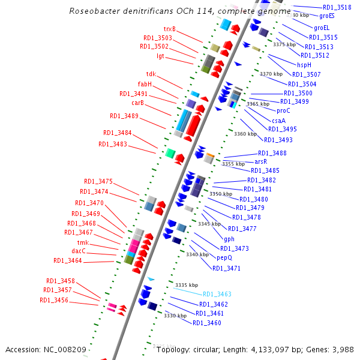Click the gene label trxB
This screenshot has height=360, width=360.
[x=170, y=29]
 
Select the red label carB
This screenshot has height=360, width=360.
[x=137, y=103]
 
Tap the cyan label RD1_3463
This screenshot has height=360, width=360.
[x=217, y=294]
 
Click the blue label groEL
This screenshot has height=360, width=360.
[x=322, y=28]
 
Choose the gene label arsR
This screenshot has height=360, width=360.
[x=260, y=161]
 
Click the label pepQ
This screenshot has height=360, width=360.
[x=224, y=257]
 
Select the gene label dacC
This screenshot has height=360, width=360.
[x=79, y=251]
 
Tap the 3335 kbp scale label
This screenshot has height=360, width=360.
[x=186, y=285]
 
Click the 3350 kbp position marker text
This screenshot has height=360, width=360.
[x=220, y=194]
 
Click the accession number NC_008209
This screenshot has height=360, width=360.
[x=67, y=349]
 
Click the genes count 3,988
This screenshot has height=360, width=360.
[x=343, y=349]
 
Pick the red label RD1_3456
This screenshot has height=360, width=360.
[x=54, y=300]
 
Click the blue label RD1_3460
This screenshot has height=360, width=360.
[x=207, y=323]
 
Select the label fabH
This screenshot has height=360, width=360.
[x=145, y=84]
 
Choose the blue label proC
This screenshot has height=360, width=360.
[x=283, y=110]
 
